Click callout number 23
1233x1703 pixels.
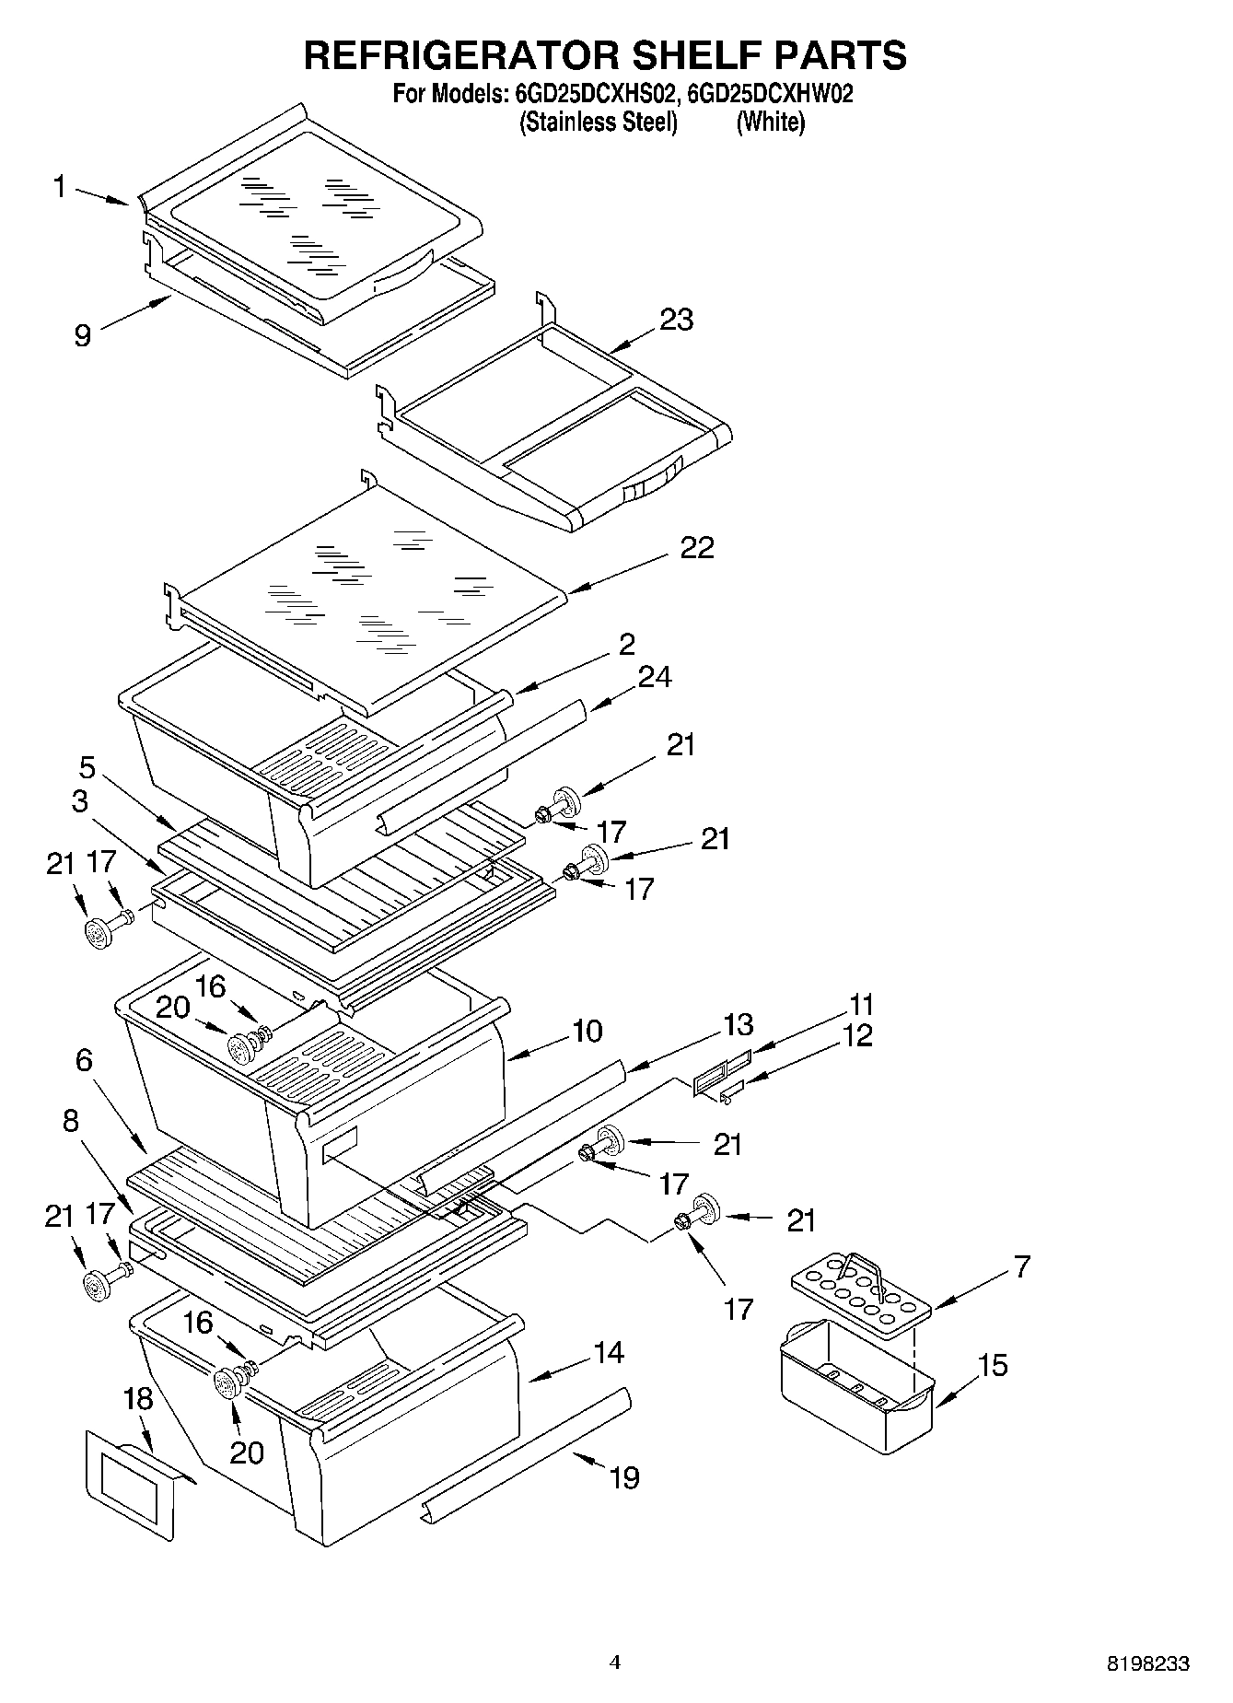click(x=677, y=320)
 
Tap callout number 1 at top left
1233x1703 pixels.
click(x=60, y=188)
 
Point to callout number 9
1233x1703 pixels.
click(x=82, y=335)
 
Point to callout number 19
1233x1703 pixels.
click(x=623, y=1477)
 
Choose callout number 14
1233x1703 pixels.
click(x=609, y=1352)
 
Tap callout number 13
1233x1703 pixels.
click(x=739, y=1024)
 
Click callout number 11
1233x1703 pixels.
click(x=861, y=1003)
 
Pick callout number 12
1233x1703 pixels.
click(x=856, y=1035)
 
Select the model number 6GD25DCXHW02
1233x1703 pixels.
click(x=770, y=94)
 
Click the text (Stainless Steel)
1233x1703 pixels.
click(x=599, y=122)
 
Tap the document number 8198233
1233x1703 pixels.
click(x=1146, y=1663)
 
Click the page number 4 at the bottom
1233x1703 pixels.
click(x=615, y=1662)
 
